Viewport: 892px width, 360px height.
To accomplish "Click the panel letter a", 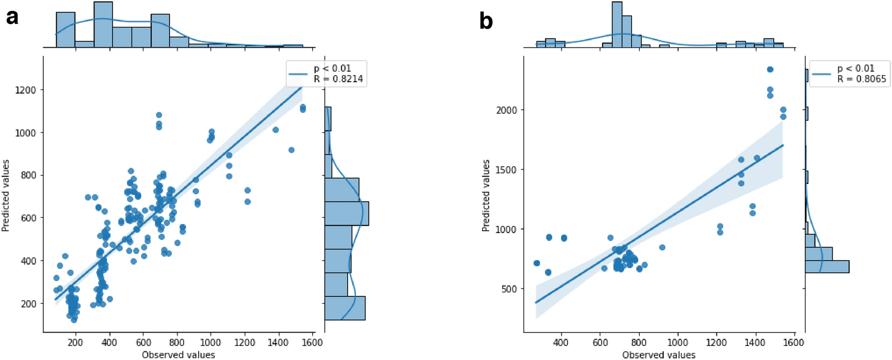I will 12,17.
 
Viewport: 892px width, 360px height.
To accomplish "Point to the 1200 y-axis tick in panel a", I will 26,90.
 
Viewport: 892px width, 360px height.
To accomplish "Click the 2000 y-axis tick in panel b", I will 506,110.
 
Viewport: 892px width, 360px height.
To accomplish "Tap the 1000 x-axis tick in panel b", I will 678,342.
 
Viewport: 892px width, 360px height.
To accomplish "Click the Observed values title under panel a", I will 178,355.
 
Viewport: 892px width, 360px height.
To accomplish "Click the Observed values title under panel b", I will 659,355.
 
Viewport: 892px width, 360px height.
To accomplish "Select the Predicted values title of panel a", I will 6,195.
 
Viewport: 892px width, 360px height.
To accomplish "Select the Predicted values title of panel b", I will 486,195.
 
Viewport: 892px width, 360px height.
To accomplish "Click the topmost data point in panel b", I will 770,70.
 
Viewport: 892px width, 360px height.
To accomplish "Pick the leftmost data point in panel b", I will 536,263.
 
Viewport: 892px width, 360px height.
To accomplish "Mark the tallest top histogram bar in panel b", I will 617,25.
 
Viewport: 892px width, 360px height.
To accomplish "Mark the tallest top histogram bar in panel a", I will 103,25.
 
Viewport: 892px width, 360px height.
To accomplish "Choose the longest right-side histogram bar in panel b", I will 827,267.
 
